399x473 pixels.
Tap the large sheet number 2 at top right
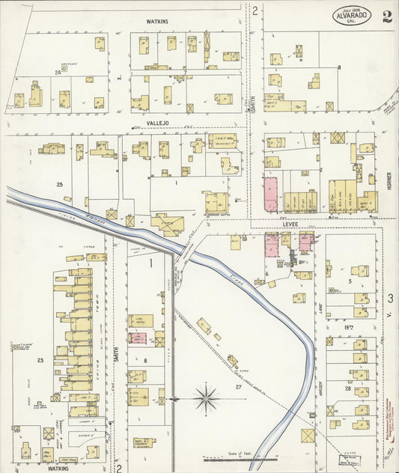point(386,16)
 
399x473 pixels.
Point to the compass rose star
point(206,398)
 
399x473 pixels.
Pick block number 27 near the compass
point(238,386)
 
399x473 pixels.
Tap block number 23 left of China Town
point(41,361)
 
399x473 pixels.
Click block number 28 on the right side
point(347,388)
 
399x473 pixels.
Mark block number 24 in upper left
point(57,73)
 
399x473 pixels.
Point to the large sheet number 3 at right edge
point(391,299)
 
